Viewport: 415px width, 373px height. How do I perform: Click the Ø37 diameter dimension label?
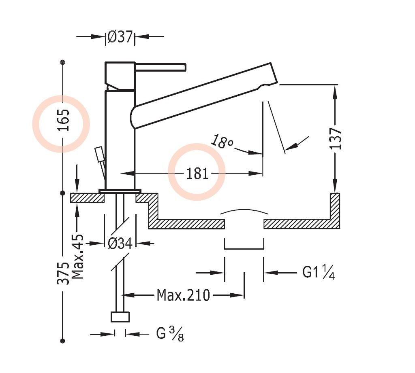pyautogui.click(x=120, y=37)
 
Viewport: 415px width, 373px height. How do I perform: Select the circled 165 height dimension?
pyautogui.click(x=62, y=120)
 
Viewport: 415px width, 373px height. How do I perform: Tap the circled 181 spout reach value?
pyautogui.click(x=197, y=174)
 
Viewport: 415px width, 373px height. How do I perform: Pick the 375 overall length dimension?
pyautogui.click(x=63, y=273)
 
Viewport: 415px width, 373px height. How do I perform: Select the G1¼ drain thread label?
pyautogui.click(x=319, y=273)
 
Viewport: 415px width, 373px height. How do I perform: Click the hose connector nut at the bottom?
pyautogui.click(x=120, y=317)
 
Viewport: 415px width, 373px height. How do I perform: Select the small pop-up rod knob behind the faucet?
pyautogui.click(x=98, y=154)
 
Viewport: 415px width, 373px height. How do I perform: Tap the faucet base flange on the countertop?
pyautogui.click(x=120, y=191)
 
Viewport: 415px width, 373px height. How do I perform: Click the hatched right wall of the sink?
pyautogui.click(x=334, y=210)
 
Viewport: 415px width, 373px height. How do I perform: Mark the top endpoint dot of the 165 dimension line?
pyautogui.click(x=62, y=62)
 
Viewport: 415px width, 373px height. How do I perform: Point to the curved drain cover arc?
pyautogui.click(x=244, y=211)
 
